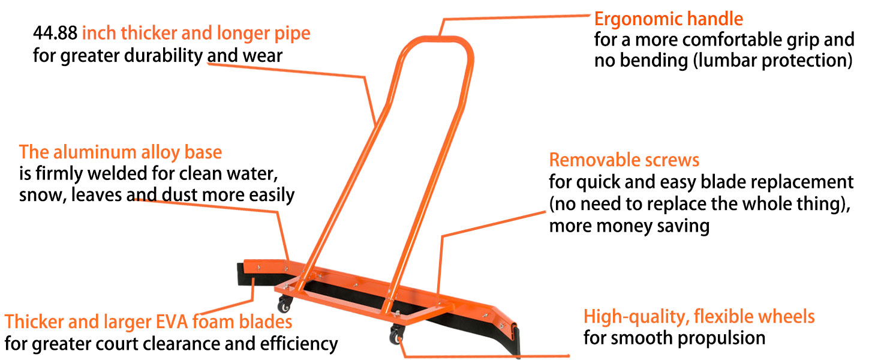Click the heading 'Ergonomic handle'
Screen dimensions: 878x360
pos(668,19)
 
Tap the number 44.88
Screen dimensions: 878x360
pos(55,33)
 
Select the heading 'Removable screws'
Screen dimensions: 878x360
pos(624,160)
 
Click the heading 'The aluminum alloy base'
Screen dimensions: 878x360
pos(120,152)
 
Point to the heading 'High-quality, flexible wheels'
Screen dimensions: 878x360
pos(699,316)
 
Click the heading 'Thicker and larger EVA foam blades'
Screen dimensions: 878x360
pos(148,322)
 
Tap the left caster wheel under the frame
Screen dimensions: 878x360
pos(285,305)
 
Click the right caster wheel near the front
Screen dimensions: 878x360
pos(397,336)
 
